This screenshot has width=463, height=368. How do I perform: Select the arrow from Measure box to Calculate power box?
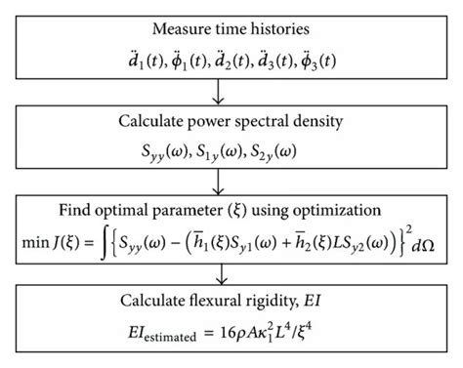pos(231,93)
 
